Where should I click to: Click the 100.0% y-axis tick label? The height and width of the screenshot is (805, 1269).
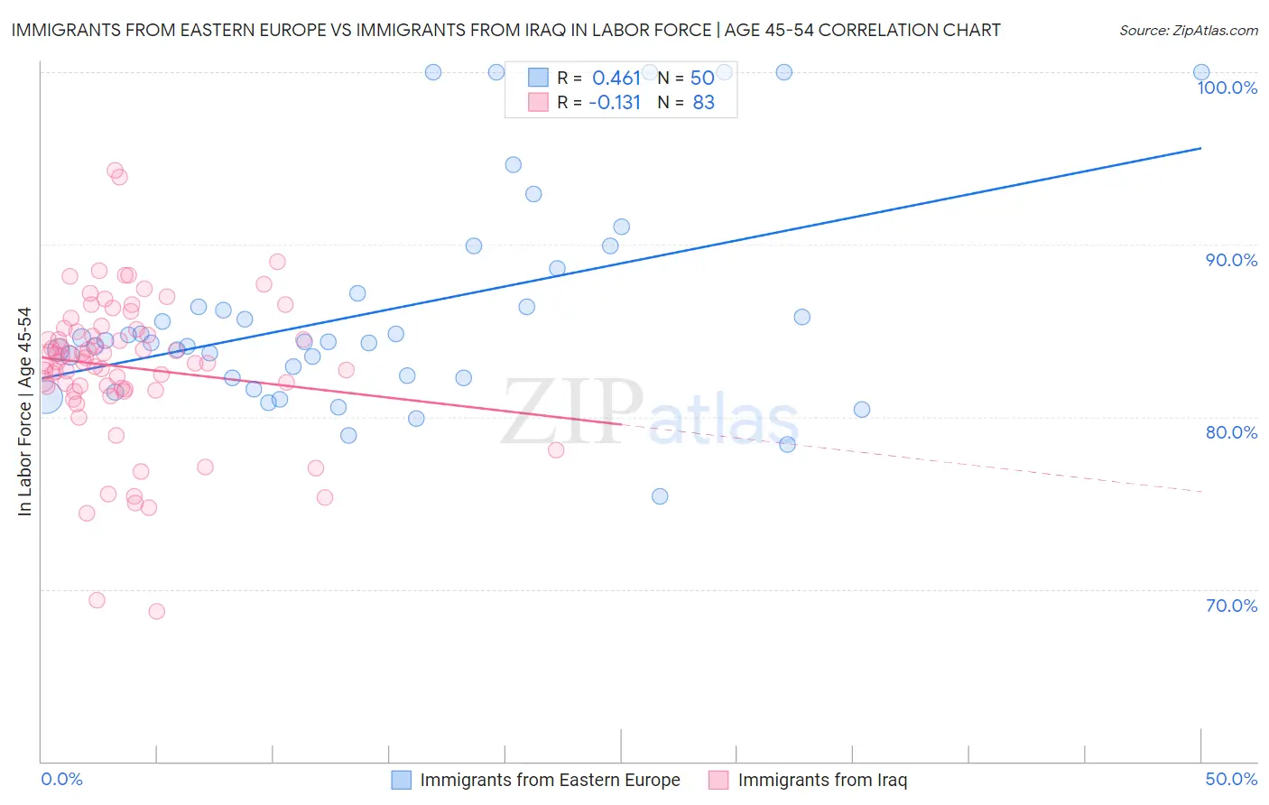click(x=1227, y=88)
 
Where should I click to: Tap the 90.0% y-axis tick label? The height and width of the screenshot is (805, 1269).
click(x=1231, y=260)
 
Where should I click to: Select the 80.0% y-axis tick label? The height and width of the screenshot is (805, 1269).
click(x=1231, y=432)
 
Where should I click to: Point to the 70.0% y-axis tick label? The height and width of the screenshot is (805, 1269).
click(x=1231, y=606)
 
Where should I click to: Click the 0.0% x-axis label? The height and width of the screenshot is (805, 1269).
click(x=61, y=779)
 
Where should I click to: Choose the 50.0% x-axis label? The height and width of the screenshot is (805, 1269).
click(x=1231, y=779)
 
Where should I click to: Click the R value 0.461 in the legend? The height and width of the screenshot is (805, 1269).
click(x=616, y=79)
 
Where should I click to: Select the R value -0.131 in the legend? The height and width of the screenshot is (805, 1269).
click(x=614, y=103)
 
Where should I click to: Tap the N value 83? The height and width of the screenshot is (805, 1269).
click(x=703, y=103)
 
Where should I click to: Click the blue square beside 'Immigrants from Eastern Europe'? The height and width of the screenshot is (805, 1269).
click(x=401, y=780)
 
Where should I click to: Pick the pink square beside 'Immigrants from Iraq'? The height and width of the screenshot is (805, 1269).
click(x=718, y=780)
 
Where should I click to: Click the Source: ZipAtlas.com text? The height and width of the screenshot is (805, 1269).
click(x=1188, y=31)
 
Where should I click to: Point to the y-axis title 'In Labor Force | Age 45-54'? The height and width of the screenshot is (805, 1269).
click(x=24, y=412)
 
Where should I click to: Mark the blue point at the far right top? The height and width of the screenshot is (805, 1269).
click(x=1201, y=72)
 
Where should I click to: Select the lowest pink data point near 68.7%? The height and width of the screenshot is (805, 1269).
click(x=156, y=611)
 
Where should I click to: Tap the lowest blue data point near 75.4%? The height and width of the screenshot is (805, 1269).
click(x=660, y=496)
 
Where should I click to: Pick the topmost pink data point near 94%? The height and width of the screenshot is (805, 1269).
click(x=115, y=171)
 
